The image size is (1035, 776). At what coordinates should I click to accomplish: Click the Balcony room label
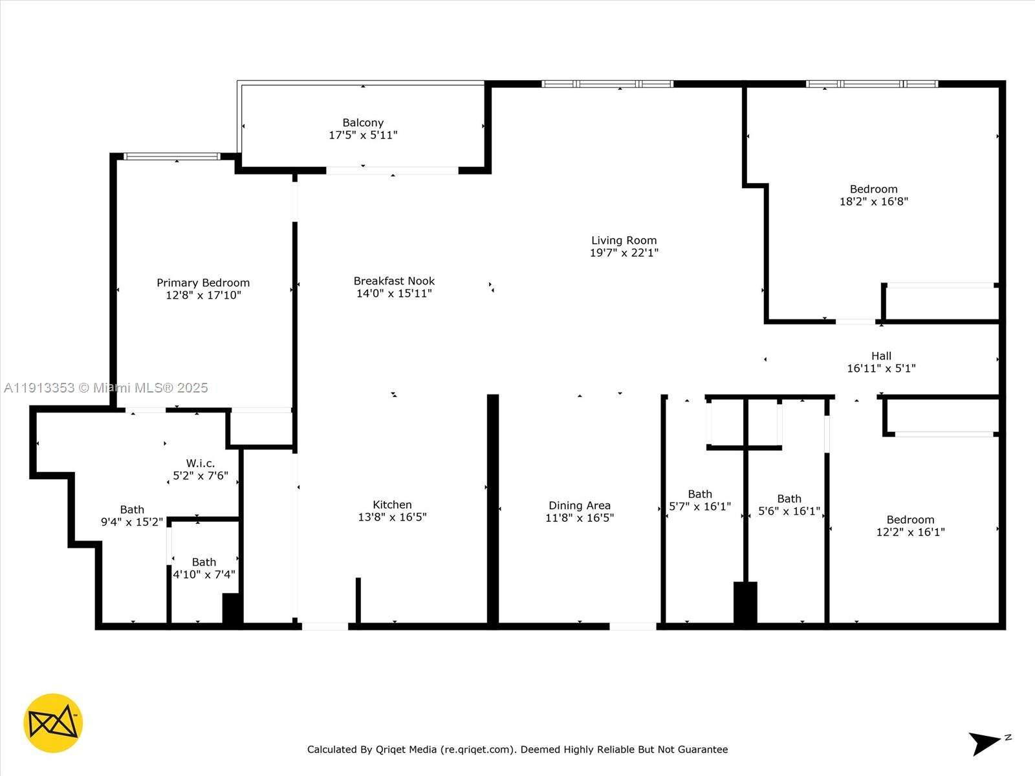[363, 123]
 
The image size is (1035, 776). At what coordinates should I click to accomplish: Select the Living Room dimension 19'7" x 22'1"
[624, 253]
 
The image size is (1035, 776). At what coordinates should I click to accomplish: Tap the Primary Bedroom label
[203, 283]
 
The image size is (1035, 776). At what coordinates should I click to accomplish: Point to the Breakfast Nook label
[394, 281]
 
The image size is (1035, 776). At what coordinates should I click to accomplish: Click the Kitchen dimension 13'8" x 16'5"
[392, 517]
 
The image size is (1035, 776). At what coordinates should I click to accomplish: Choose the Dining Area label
[579, 506]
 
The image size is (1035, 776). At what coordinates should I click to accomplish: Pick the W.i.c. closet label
[200, 464]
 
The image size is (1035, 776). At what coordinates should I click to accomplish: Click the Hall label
[881, 356]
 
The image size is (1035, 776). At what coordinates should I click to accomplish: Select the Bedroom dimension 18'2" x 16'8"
[873, 202]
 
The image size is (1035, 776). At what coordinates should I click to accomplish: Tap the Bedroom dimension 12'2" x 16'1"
[910, 532]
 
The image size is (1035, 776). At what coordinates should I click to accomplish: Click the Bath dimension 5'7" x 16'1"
[699, 506]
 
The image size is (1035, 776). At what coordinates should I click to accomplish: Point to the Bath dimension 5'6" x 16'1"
[789, 512]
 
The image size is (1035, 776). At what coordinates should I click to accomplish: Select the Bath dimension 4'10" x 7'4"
[204, 574]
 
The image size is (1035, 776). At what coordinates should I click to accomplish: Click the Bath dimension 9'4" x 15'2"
[131, 522]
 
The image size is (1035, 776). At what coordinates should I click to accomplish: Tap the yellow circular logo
[53, 723]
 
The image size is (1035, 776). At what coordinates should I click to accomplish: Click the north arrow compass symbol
[986, 742]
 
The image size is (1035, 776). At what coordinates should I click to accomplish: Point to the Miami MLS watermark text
[106, 388]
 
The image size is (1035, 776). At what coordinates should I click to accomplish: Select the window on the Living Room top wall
[607, 84]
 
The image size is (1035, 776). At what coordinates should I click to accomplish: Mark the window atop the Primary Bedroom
[172, 156]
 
